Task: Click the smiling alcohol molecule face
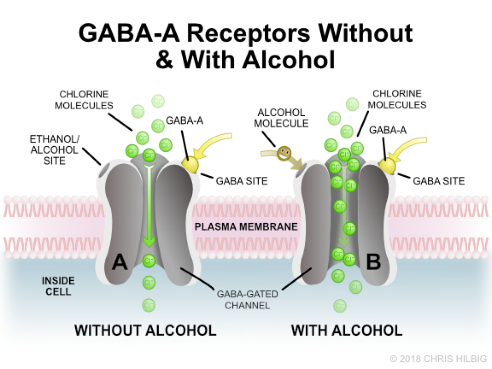click(x=284, y=154)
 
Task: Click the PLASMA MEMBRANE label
click(x=246, y=226)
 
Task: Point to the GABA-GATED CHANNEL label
click(x=246, y=299)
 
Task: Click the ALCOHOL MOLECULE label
click(x=281, y=118)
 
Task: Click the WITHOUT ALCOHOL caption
click(x=145, y=330)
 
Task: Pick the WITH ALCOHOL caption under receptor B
click(x=347, y=330)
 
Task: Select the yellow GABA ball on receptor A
click(x=190, y=165)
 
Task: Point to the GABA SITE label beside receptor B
click(x=439, y=181)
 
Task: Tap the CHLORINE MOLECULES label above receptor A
click(x=84, y=100)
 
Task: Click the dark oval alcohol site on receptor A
click(x=105, y=168)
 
